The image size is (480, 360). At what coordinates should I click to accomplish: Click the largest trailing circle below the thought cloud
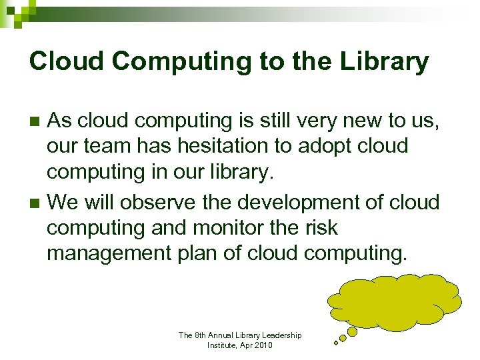[x=353, y=331]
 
